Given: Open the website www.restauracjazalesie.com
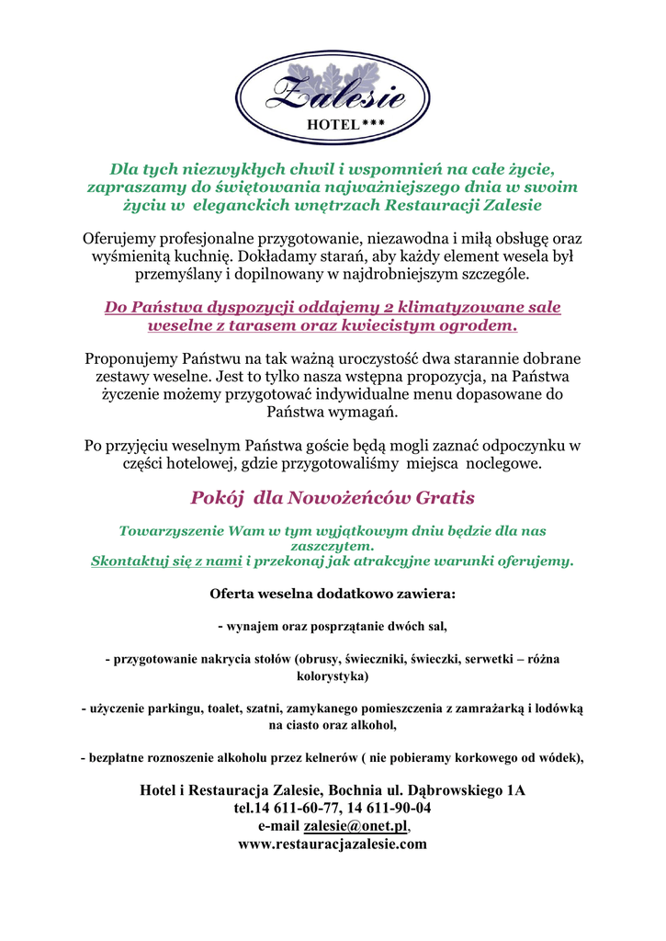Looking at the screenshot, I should point(333,845).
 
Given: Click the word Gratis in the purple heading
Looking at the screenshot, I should point(445,499).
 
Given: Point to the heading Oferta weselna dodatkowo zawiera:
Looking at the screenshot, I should point(333,594).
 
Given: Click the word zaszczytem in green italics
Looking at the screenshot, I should point(333,546).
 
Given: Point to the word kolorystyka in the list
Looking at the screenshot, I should point(332,676).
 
